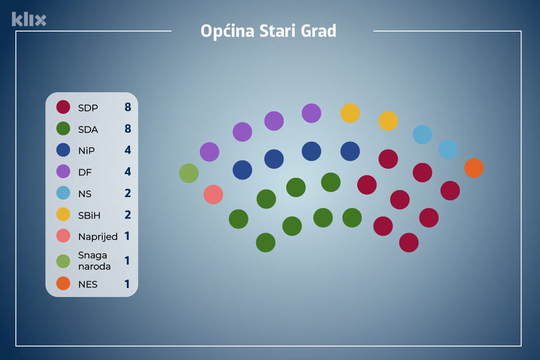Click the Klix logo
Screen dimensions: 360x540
[x=29, y=19]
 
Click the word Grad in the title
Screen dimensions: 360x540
[x=318, y=31]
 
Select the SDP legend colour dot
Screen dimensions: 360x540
[x=63, y=107]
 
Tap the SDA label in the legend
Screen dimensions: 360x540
[x=88, y=130]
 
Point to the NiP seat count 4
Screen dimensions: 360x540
[x=128, y=150]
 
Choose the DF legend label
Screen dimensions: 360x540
[x=85, y=172]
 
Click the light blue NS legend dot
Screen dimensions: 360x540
[x=63, y=194]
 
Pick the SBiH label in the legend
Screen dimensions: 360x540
[x=89, y=215]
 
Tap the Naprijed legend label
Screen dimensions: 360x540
[x=98, y=237]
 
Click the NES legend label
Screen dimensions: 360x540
[x=88, y=284]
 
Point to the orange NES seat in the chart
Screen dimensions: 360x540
[x=474, y=168]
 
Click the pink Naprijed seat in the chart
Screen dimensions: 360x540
[x=213, y=194]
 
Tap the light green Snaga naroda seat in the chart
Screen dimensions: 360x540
[x=189, y=173]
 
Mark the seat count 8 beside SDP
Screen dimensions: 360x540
[x=128, y=107]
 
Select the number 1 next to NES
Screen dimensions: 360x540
[x=127, y=284]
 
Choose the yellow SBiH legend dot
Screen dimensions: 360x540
[x=63, y=215]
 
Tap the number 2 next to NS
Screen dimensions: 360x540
[x=128, y=194]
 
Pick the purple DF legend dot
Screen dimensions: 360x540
[x=63, y=172]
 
